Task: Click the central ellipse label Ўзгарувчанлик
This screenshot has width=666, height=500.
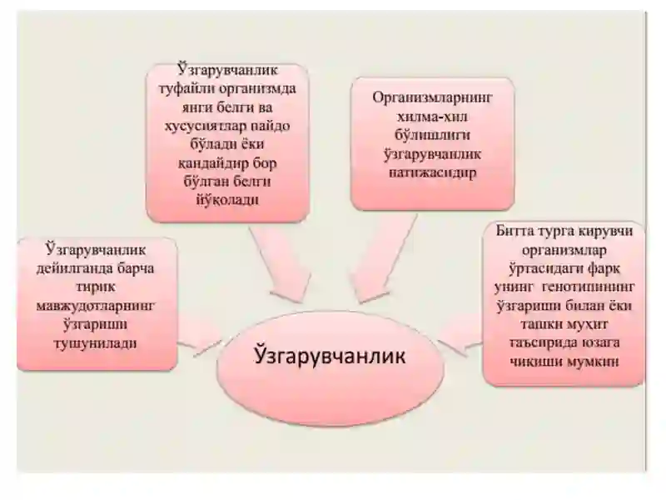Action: (330, 357)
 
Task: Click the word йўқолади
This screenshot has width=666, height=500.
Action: (227, 200)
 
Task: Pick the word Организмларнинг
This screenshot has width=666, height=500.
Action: (432, 98)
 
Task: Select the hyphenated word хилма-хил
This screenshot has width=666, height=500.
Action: (432, 117)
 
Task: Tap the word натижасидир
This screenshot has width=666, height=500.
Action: (432, 173)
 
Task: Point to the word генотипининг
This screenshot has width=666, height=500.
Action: (589, 287)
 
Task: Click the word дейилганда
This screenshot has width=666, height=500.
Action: (68, 269)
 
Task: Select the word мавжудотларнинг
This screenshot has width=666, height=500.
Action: (96, 306)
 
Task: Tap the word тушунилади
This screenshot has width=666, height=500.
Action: (96, 343)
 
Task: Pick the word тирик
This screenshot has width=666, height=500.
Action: (96, 287)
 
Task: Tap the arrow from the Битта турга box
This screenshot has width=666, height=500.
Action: (461, 337)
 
